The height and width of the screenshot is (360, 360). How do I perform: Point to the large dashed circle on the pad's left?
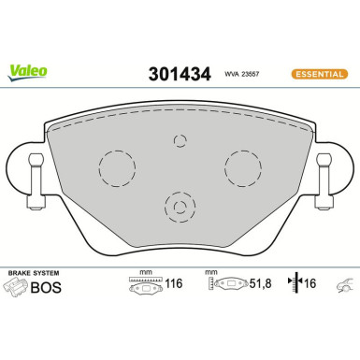coord(118,169)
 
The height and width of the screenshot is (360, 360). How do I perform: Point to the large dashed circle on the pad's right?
coord(242,169)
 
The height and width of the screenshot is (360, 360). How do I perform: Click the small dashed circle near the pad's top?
coord(180,140)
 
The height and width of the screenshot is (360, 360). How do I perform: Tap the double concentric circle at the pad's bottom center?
coord(180,207)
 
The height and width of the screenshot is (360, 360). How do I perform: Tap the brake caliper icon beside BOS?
coord(16,289)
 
